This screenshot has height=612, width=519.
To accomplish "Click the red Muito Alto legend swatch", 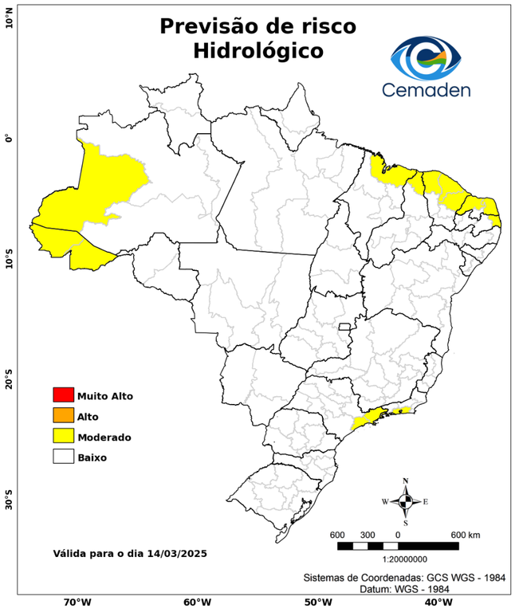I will pyautogui.click(x=63, y=394).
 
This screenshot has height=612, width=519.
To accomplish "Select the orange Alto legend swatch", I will pyautogui.click(x=63, y=415).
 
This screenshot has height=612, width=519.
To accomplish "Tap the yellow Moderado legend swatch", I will pyautogui.click(x=63, y=436).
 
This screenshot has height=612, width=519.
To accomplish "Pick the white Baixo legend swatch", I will pyautogui.click(x=63, y=457).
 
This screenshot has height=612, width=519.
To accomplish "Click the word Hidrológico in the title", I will pyautogui.click(x=258, y=50).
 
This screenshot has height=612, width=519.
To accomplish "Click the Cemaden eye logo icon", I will pyautogui.click(x=426, y=57).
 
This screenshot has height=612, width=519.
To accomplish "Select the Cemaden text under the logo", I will pyautogui.click(x=426, y=90).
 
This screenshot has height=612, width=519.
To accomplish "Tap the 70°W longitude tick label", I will pyautogui.click(x=77, y=602).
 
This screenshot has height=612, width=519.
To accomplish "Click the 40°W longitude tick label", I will pyautogui.click(x=436, y=602).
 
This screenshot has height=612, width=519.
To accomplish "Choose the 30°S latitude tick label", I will pyautogui.click(x=9, y=503).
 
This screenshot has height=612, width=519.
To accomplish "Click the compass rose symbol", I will pyautogui.click(x=405, y=501).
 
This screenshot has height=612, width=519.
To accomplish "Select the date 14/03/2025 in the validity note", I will pyautogui.click(x=178, y=552).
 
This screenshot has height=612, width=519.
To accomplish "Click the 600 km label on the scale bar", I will pyautogui.click(x=466, y=534).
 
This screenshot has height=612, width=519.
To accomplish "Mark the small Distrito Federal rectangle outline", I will pyautogui.click(x=344, y=327).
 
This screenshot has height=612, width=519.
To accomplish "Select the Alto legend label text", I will pyautogui.click(x=87, y=416).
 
